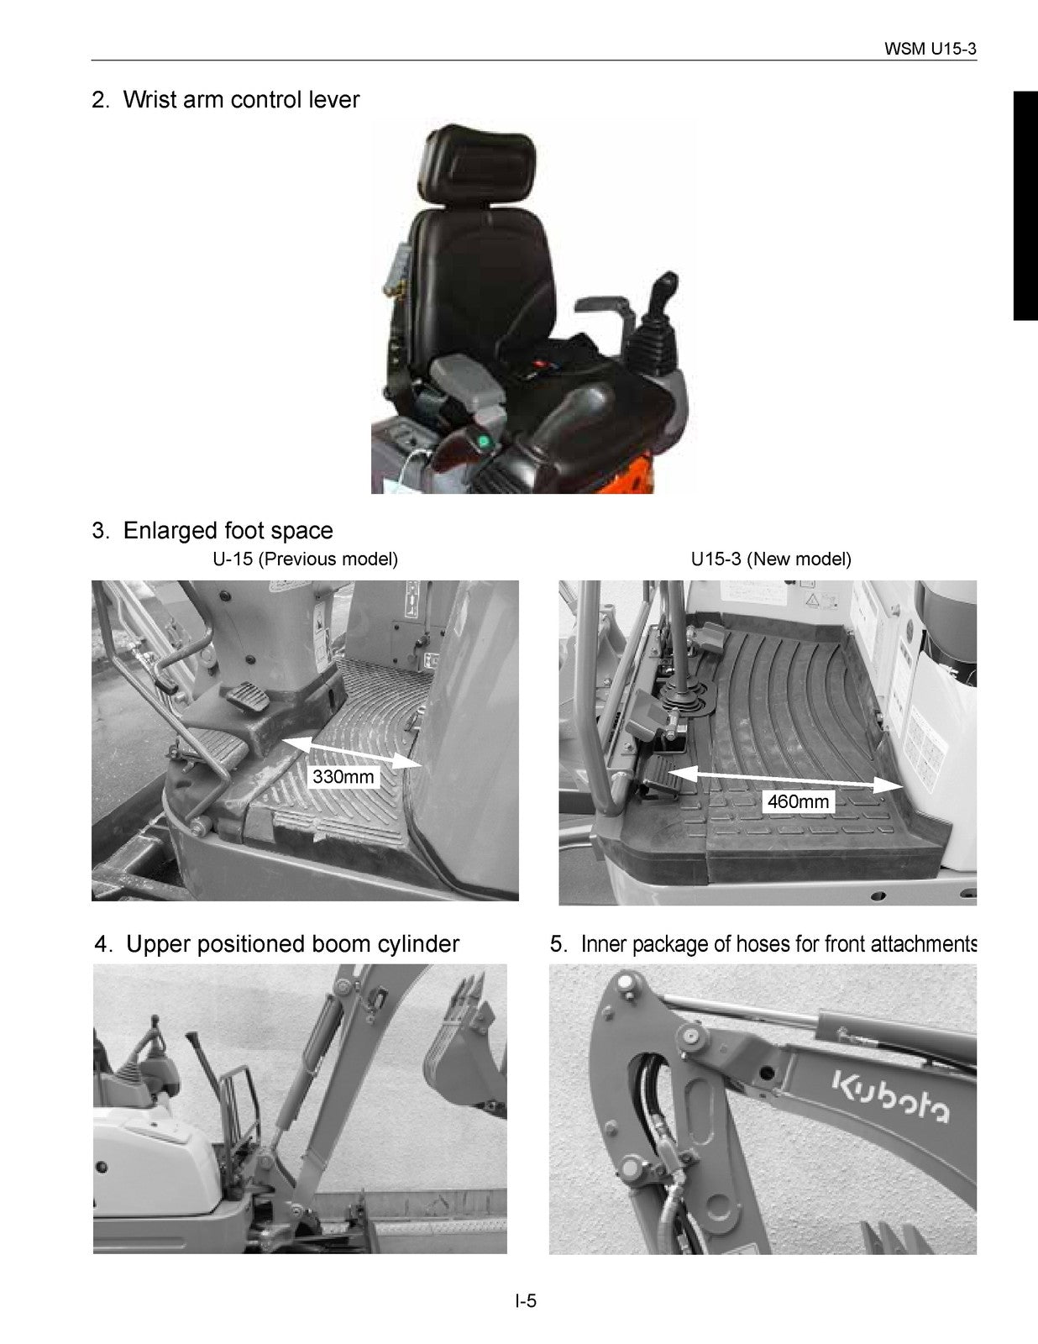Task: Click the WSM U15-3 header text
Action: pyautogui.click(x=931, y=49)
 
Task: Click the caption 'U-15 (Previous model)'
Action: pyautogui.click(x=305, y=559)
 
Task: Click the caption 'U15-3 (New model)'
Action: pyautogui.click(x=770, y=559)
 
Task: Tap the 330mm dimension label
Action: pyautogui.click(x=343, y=777)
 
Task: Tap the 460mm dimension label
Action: pyautogui.click(x=798, y=802)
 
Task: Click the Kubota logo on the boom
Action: pyautogui.click(x=890, y=1096)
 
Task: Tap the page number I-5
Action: pyautogui.click(x=526, y=1302)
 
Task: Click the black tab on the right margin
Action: pyautogui.click(x=1025, y=206)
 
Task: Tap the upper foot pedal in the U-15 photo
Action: pyautogui.click(x=244, y=696)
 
